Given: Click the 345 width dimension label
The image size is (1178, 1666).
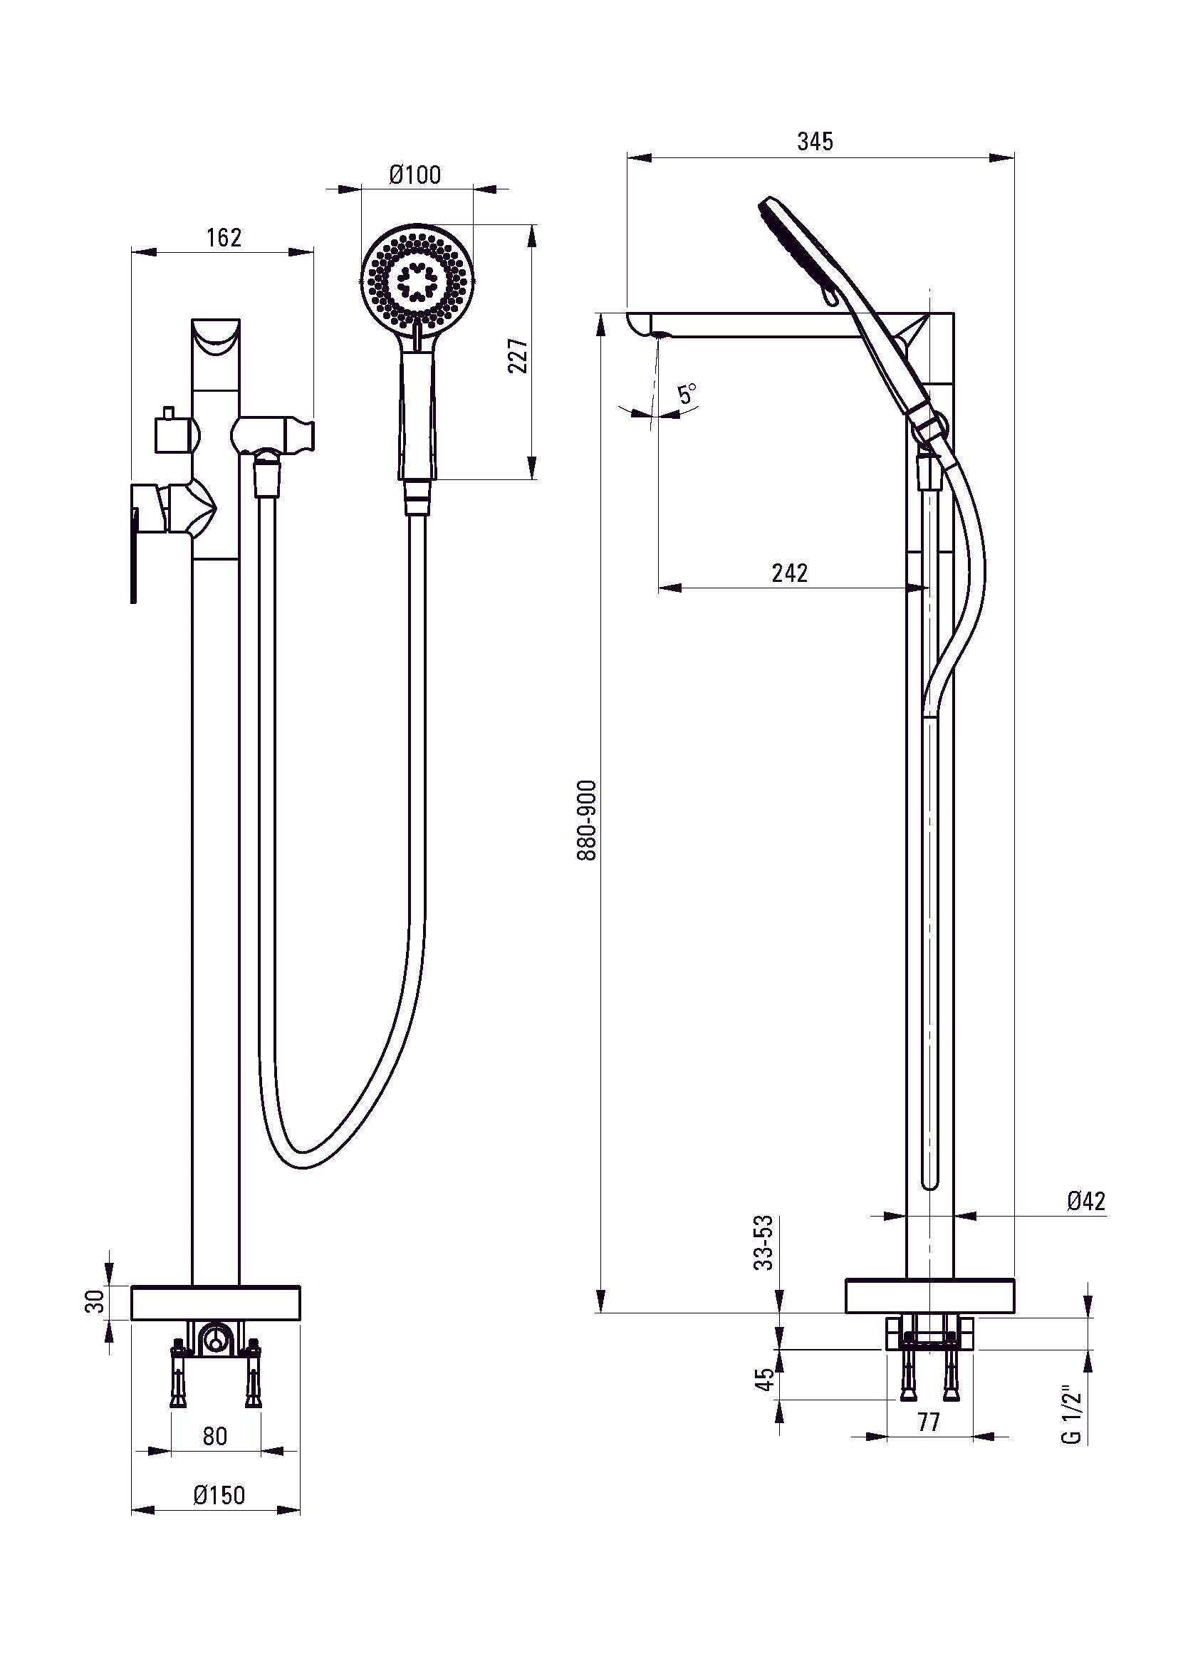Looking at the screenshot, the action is [x=815, y=141].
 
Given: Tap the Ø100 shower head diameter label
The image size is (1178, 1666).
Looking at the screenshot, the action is [x=415, y=175].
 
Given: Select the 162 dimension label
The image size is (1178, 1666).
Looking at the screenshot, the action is [x=224, y=237].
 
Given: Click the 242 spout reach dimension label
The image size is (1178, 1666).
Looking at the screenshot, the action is [x=790, y=573].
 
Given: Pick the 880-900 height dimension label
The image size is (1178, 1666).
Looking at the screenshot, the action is [x=587, y=821].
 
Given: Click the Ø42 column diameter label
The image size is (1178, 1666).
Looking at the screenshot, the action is [x=1086, y=1202].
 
